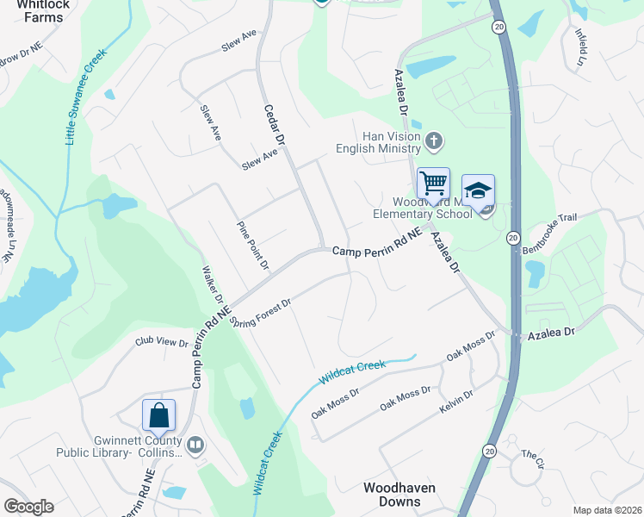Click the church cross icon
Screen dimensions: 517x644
435,140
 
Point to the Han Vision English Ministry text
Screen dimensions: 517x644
391,142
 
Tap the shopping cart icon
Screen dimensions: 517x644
433,184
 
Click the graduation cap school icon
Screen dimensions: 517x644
478,190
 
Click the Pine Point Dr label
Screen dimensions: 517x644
253,244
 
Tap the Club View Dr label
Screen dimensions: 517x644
161,342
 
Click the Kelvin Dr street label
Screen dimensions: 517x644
456,401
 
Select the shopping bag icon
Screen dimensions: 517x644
159,415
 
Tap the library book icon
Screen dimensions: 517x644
195,445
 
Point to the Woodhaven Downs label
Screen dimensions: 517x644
399,495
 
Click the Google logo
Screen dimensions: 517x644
28,507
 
